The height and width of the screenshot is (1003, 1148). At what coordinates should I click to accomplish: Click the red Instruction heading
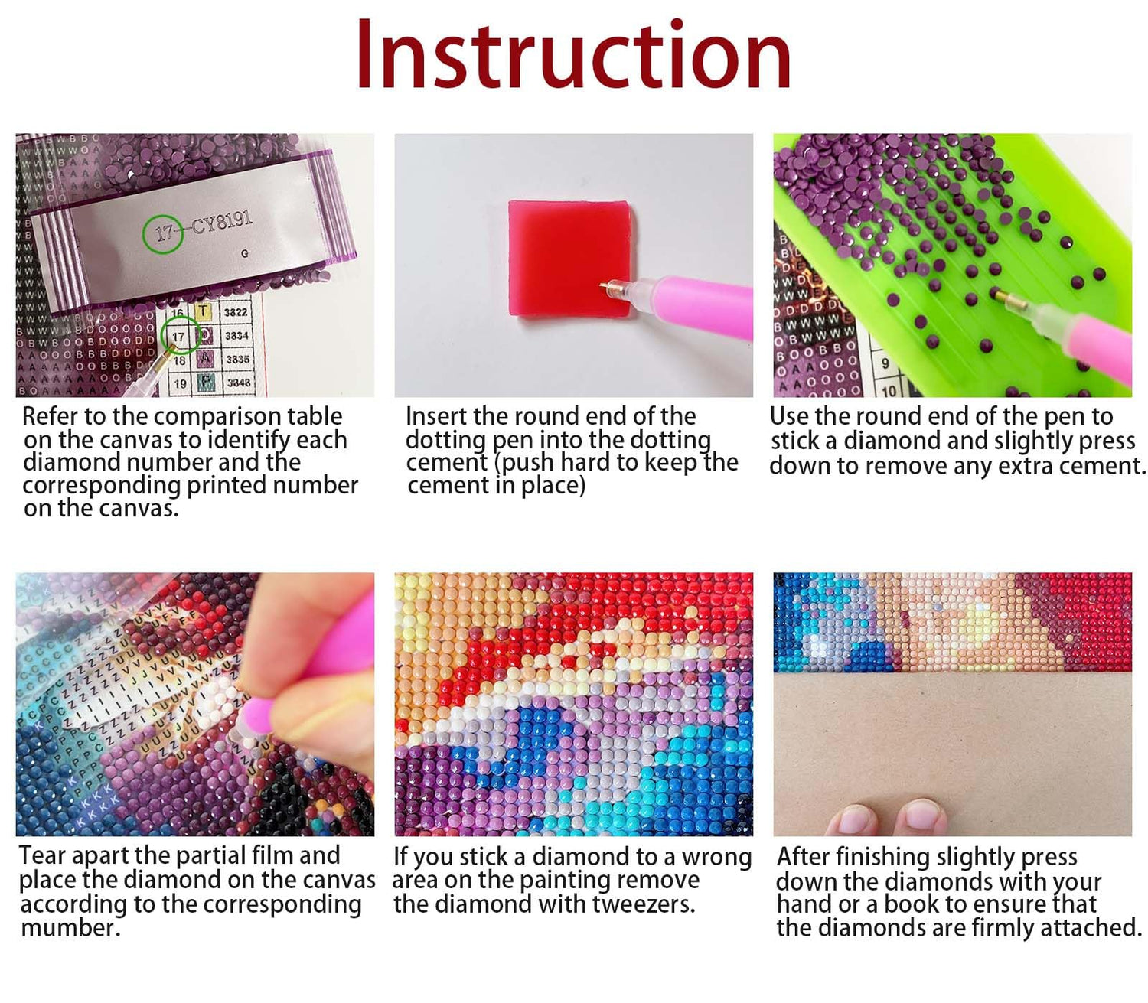tap(573, 54)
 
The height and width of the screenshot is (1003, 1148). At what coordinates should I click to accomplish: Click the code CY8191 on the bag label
tap(221, 224)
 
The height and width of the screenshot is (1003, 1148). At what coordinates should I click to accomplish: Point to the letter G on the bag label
tap(245, 253)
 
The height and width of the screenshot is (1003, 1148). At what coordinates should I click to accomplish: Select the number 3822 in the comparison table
tap(236, 312)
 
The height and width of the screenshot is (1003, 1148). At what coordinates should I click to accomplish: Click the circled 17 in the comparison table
tap(178, 337)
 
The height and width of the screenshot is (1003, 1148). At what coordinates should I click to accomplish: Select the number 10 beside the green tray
tap(889, 390)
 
